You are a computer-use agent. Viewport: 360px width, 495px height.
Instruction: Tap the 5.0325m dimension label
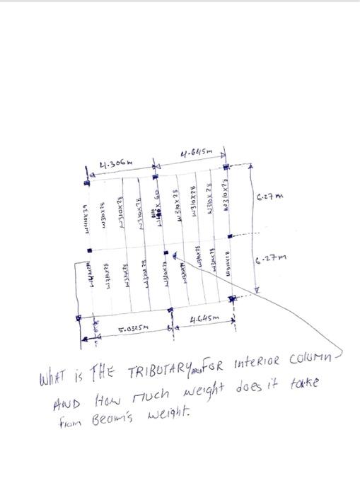(x=129, y=329)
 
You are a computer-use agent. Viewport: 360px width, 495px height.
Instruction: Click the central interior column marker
(x=166, y=251)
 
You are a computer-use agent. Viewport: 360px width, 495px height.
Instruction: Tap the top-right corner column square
(x=226, y=167)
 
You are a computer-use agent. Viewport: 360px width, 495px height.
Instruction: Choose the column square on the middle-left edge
(x=90, y=250)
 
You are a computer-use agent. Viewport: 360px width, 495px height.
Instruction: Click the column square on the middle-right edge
(x=228, y=235)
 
